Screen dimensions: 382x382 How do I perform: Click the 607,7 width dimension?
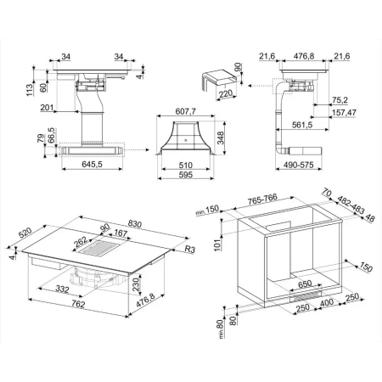click(x=185, y=111)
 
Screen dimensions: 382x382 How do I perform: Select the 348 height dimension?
click(x=220, y=138)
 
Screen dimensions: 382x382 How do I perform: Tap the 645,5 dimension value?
click(x=92, y=164)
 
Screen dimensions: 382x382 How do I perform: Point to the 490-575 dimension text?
click(x=299, y=165)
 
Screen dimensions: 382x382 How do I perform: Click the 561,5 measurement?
click(x=302, y=125)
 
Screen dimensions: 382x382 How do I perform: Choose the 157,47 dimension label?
click(x=344, y=113)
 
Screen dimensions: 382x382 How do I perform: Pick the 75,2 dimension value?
click(x=340, y=100)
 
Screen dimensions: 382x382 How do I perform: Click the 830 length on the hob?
click(x=134, y=224)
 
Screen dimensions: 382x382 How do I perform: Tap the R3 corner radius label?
click(x=190, y=249)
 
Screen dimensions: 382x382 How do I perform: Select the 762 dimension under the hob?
click(x=78, y=304)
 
